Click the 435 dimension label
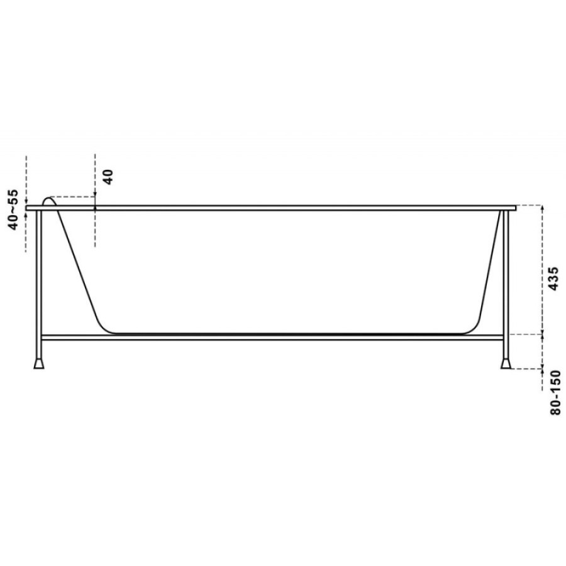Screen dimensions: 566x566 coord(553,279)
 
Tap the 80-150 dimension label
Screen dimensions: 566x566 coord(556,392)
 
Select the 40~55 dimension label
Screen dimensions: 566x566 coord(14,209)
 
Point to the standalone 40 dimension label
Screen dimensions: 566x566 coord(109,177)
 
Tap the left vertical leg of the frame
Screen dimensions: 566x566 coord(39,284)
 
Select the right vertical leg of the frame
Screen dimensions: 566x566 coord(506,284)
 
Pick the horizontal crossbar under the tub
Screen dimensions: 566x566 coord(272,338)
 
